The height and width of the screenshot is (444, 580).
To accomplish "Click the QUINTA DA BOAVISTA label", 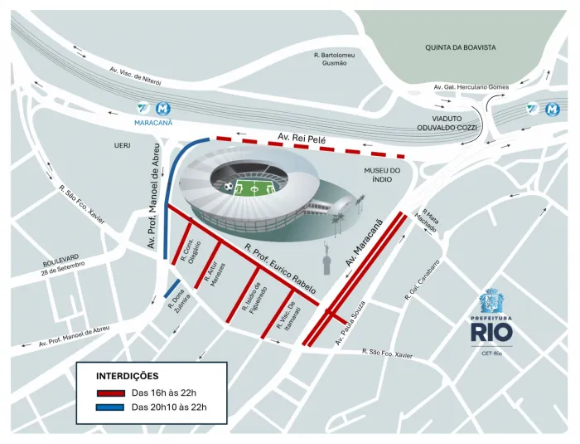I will point(461,47).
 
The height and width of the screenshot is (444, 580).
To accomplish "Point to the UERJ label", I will point(123,144).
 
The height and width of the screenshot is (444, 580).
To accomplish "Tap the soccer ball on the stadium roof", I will point(228,187).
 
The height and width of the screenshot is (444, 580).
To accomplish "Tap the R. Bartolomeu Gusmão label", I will point(334,59).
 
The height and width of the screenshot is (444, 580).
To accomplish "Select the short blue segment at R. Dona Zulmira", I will point(173,290).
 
